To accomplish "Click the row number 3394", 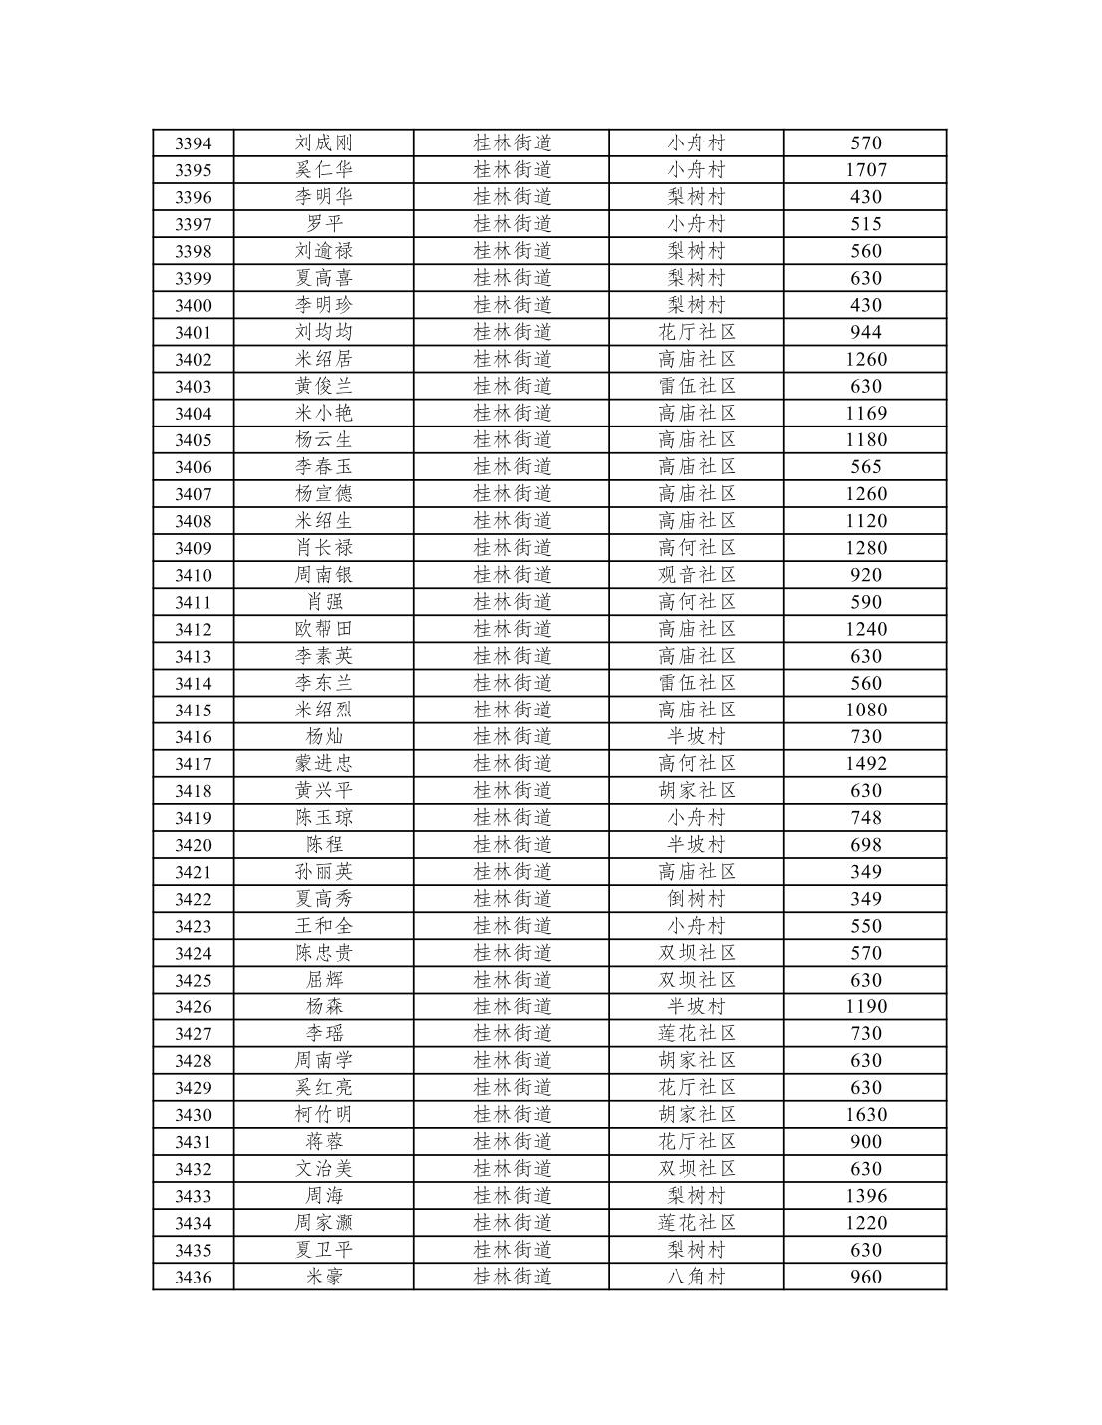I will click(x=192, y=143).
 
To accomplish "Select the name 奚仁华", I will click(x=323, y=170).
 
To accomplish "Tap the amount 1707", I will click(x=865, y=170).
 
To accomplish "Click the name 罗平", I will click(x=323, y=224).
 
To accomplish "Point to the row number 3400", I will click(x=192, y=305).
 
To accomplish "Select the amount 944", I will click(x=865, y=332).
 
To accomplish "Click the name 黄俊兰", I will click(x=323, y=386).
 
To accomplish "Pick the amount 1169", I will click(x=865, y=413).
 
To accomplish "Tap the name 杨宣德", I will click(x=323, y=493).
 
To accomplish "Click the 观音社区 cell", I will click(x=696, y=575).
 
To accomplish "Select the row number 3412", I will click(x=192, y=629).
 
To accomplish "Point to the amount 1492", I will click(x=865, y=763).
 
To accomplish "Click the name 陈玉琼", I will click(x=323, y=817).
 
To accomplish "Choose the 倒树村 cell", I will click(x=696, y=899).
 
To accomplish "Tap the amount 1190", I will click(x=865, y=1006).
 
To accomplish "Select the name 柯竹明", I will click(x=323, y=1114).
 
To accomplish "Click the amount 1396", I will click(x=865, y=1195).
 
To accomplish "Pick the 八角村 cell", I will click(x=696, y=1277).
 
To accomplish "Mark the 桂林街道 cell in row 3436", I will click(x=512, y=1277).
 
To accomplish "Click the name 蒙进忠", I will click(x=323, y=763).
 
